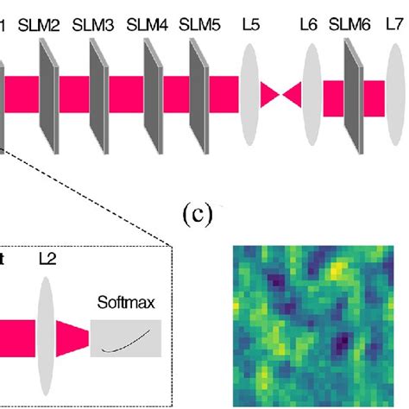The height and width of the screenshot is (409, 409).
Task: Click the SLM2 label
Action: click(x=41, y=27)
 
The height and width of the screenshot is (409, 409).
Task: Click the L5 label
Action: click(x=251, y=27)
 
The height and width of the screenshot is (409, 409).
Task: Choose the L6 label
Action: click(x=308, y=27)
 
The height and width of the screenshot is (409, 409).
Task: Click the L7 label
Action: click(x=395, y=27)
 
